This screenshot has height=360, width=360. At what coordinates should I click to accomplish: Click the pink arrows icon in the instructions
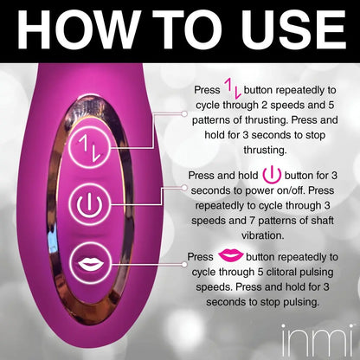[233, 91]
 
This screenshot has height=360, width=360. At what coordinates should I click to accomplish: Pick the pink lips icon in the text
[231, 255]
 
